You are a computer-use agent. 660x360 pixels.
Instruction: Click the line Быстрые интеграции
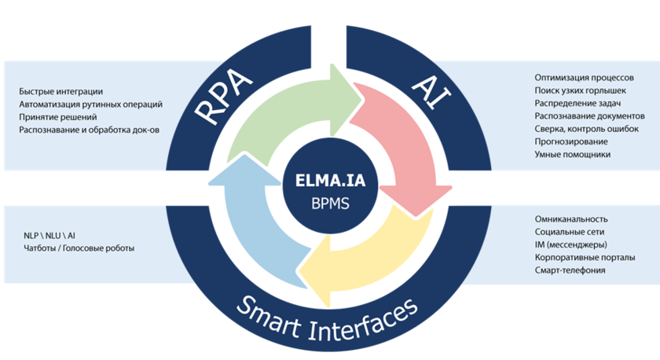[61, 92]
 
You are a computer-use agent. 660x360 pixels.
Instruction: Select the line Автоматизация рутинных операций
[90, 105]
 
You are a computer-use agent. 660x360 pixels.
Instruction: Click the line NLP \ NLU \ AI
[50, 235]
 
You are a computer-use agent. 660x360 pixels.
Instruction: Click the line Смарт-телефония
[570, 270]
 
